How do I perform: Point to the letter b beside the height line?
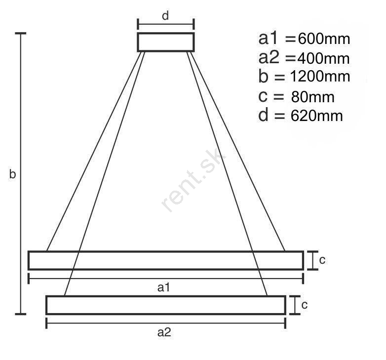click(12, 174)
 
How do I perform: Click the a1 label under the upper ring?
click(164, 287)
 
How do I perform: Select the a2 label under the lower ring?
click(164, 332)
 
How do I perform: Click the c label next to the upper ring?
click(322, 260)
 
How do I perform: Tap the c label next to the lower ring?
click(305, 305)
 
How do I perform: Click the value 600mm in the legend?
click(324, 39)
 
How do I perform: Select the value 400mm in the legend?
click(323, 59)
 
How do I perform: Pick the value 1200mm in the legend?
click(320, 77)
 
